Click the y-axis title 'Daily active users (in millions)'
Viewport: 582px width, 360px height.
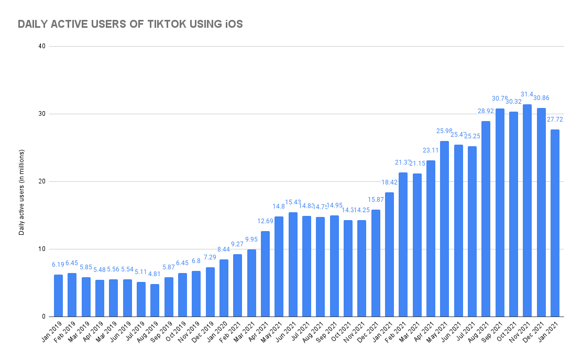(21, 181)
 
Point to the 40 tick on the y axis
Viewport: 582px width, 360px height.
(42, 46)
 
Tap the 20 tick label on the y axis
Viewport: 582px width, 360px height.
(42, 181)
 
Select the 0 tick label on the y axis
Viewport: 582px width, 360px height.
(44, 317)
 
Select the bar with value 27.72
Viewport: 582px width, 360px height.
(555, 223)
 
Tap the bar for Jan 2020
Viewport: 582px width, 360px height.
(224, 288)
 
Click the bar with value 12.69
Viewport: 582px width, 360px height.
(265, 274)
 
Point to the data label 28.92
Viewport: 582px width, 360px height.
(486, 111)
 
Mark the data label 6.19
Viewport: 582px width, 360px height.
(58, 265)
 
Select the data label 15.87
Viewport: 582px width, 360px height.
(376, 200)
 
